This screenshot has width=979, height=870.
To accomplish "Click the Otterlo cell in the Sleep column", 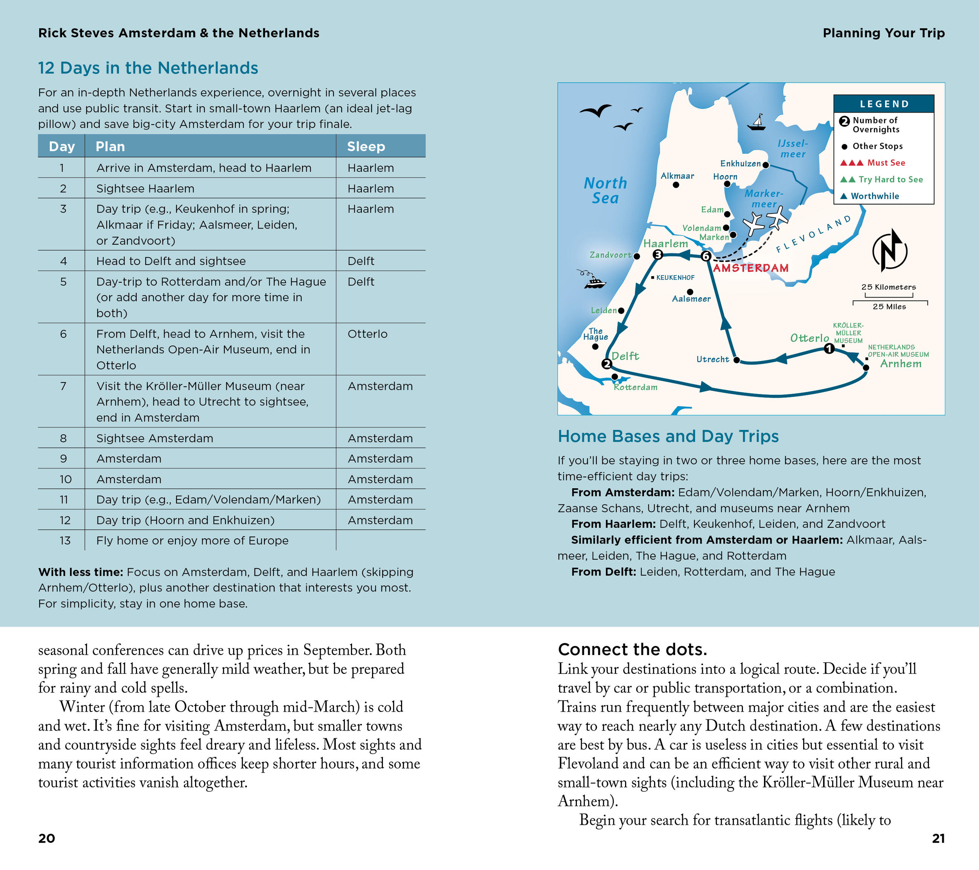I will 368,334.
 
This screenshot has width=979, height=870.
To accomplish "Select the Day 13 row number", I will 65,541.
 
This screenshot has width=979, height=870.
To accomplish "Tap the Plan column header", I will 110,146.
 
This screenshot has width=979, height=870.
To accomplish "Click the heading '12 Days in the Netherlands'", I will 148,68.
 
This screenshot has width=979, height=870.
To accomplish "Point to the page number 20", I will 46,838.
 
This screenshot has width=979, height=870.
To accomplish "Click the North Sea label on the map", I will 605,190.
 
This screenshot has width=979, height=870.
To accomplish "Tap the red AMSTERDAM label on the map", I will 750,268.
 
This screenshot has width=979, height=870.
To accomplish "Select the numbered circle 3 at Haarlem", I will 657,255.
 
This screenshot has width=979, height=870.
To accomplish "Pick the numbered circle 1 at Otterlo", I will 829,349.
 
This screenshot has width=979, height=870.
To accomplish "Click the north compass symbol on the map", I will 889,250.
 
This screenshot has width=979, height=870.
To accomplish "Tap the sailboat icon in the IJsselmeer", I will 757,123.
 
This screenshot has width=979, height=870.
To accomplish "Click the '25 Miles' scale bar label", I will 889,306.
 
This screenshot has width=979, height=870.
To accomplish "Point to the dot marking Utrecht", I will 737,360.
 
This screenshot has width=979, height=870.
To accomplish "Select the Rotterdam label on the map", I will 636,387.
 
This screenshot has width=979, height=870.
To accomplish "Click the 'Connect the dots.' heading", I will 632,649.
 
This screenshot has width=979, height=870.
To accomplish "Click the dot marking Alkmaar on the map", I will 676,185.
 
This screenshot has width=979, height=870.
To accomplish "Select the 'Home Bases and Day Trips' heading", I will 668,436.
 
